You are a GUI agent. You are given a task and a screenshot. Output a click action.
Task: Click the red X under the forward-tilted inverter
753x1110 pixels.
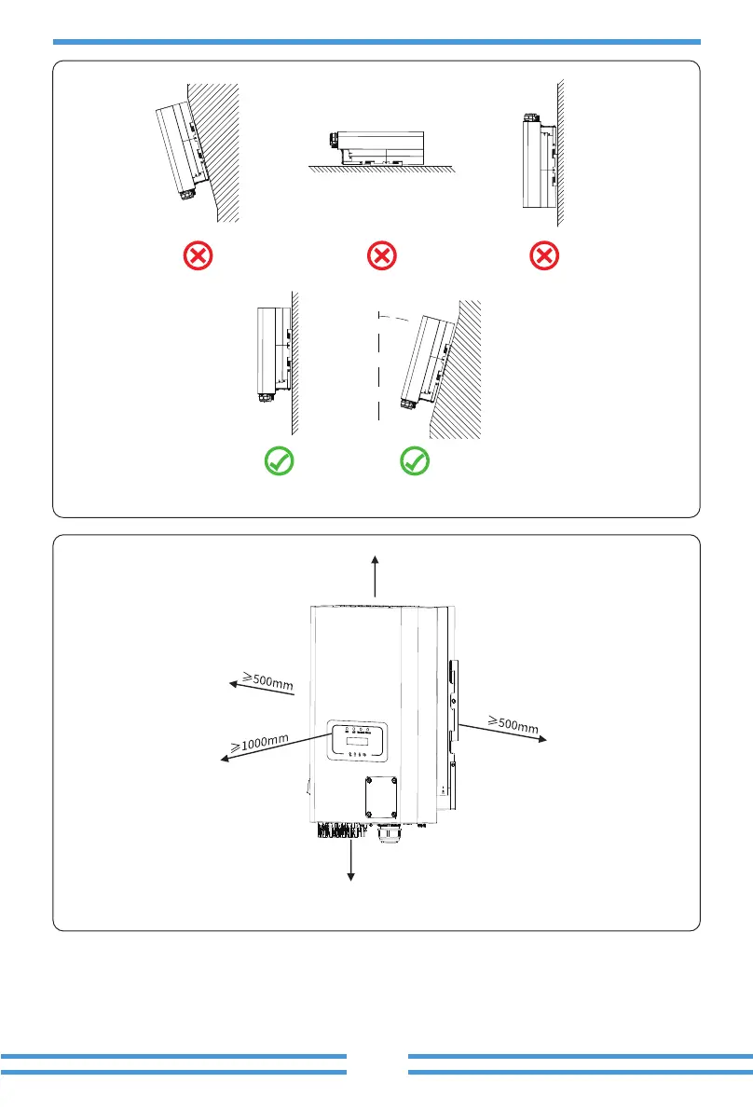coord(198,255)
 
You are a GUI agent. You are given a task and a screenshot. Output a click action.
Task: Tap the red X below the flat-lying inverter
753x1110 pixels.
coord(383,255)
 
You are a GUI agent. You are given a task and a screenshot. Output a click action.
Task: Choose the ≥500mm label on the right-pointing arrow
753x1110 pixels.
coord(513,723)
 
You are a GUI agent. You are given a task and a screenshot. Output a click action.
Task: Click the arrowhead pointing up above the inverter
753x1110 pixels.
coord(375,559)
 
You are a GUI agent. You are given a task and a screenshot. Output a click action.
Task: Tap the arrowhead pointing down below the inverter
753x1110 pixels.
coord(351,874)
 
